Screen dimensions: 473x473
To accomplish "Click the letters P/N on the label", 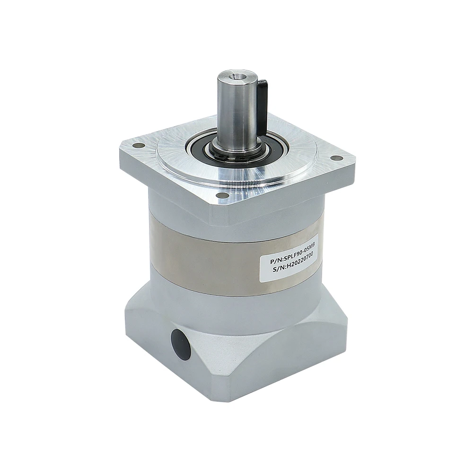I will (x=276, y=260).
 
